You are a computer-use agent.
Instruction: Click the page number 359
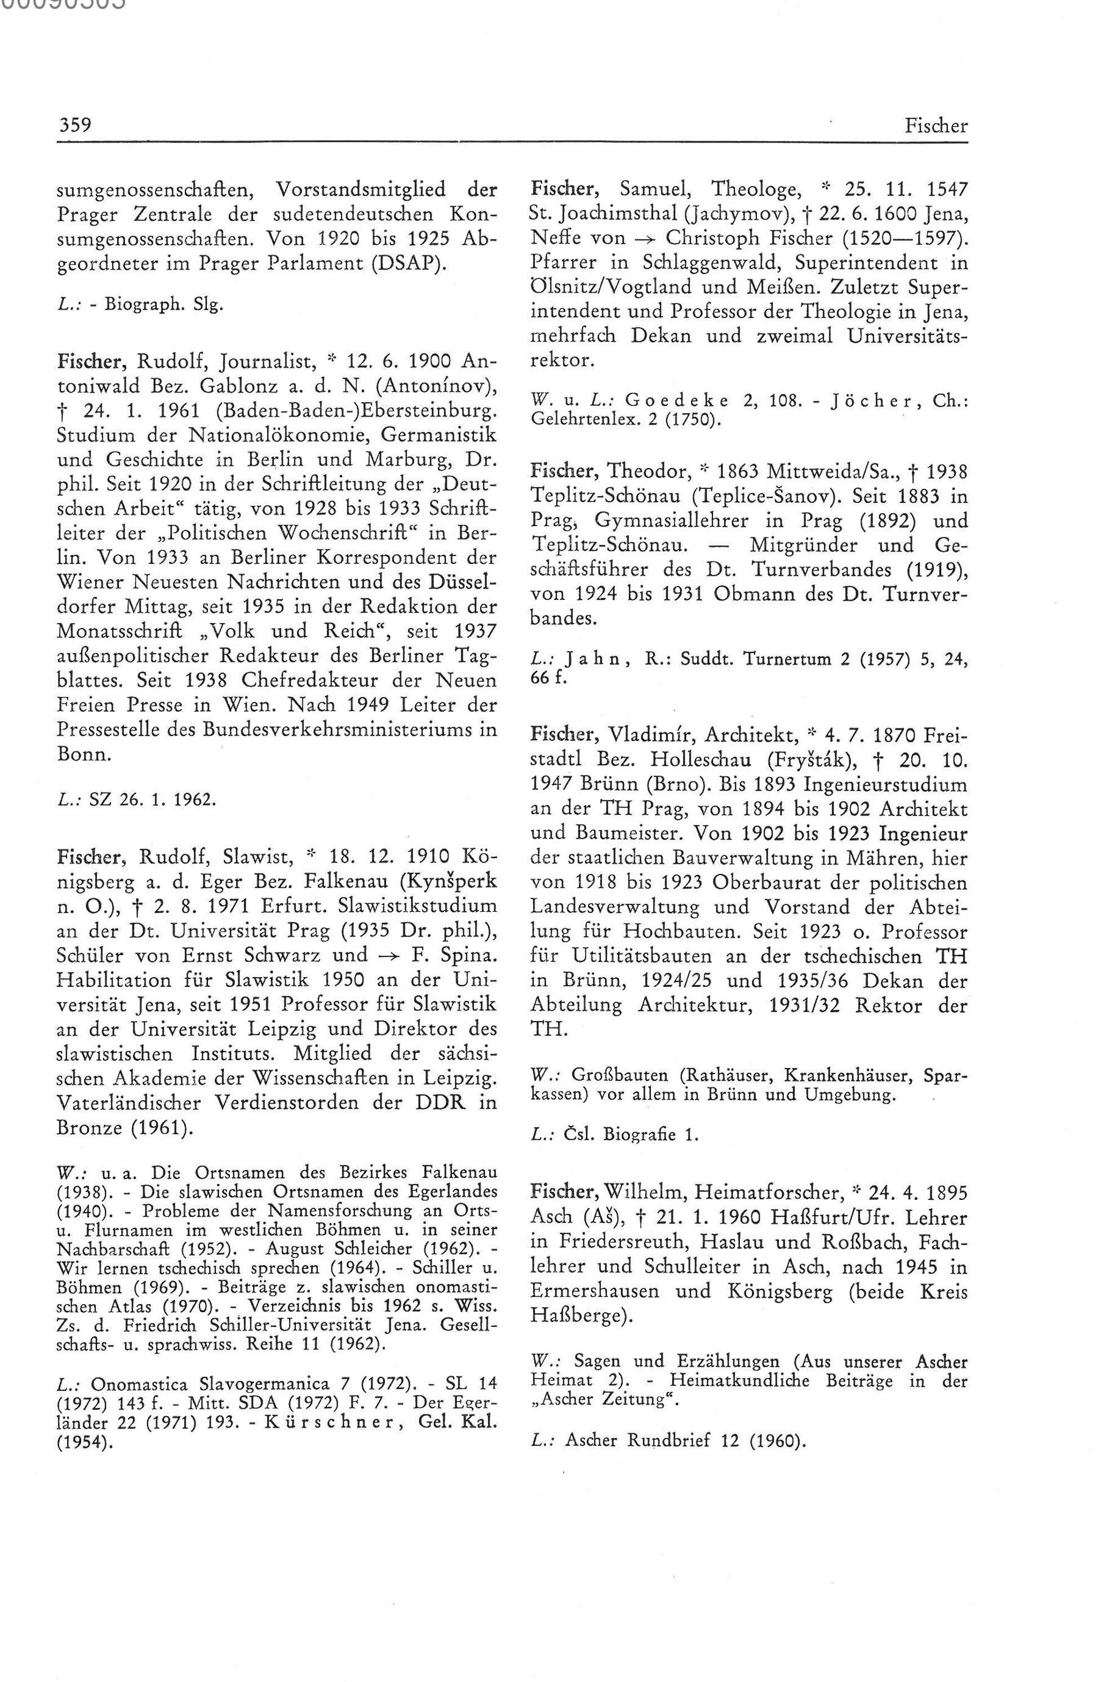click(x=74, y=126)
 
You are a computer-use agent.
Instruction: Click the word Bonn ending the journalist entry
click(x=83, y=754)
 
